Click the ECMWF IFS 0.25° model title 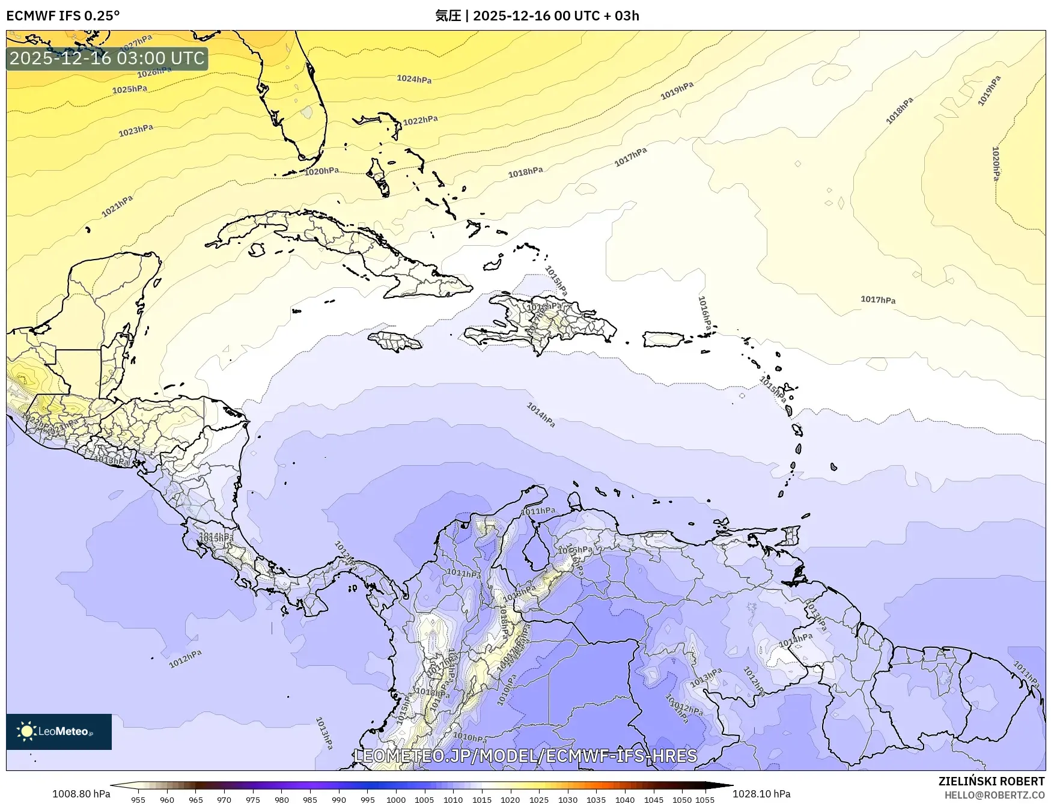pos(63,16)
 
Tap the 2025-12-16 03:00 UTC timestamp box pos(107,58)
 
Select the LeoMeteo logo pos(59,731)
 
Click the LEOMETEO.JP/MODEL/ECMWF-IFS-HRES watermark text pos(525,755)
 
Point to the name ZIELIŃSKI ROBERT pos(991,781)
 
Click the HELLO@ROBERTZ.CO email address pos(994,795)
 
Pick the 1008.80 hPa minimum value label pos(81,794)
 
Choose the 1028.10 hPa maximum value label pos(761,794)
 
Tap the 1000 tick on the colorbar pos(396,800)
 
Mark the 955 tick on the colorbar pos(138,800)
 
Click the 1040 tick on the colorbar pos(625,800)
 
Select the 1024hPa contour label pos(414,79)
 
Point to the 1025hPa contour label pos(130,90)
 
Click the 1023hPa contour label pos(136,130)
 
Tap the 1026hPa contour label pos(154,72)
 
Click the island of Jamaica pos(395,342)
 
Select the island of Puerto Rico pos(663,340)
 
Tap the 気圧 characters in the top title pos(448,16)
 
